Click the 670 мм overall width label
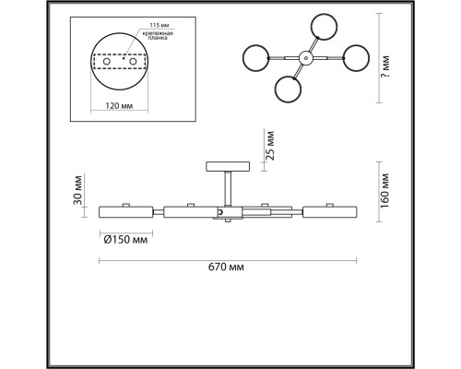(226, 268)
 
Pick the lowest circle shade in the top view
(290, 90)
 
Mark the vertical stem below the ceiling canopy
(226, 189)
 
